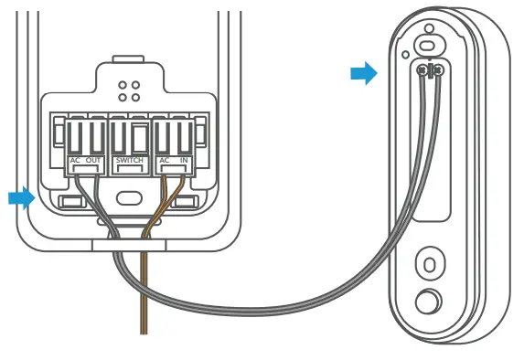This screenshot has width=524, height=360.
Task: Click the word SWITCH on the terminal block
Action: click(x=130, y=162)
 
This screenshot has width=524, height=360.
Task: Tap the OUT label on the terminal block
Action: click(x=93, y=162)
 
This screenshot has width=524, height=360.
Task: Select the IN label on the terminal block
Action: click(x=184, y=162)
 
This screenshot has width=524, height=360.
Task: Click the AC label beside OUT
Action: click(x=76, y=162)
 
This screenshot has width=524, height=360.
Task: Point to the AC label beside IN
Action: click(x=165, y=162)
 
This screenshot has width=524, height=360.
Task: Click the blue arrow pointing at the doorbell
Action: click(x=364, y=74)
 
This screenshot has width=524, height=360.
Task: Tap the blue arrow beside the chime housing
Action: click(x=20, y=197)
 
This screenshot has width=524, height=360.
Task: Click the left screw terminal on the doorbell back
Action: click(x=423, y=69)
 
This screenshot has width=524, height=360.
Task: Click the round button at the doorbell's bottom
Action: click(x=426, y=302)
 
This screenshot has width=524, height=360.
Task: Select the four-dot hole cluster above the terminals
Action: click(x=129, y=90)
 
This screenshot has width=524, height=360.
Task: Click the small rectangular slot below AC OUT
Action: click(x=70, y=200)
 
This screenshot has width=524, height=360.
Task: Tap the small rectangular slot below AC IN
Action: click(x=187, y=200)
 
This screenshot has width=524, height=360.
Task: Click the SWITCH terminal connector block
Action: click(x=129, y=137)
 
